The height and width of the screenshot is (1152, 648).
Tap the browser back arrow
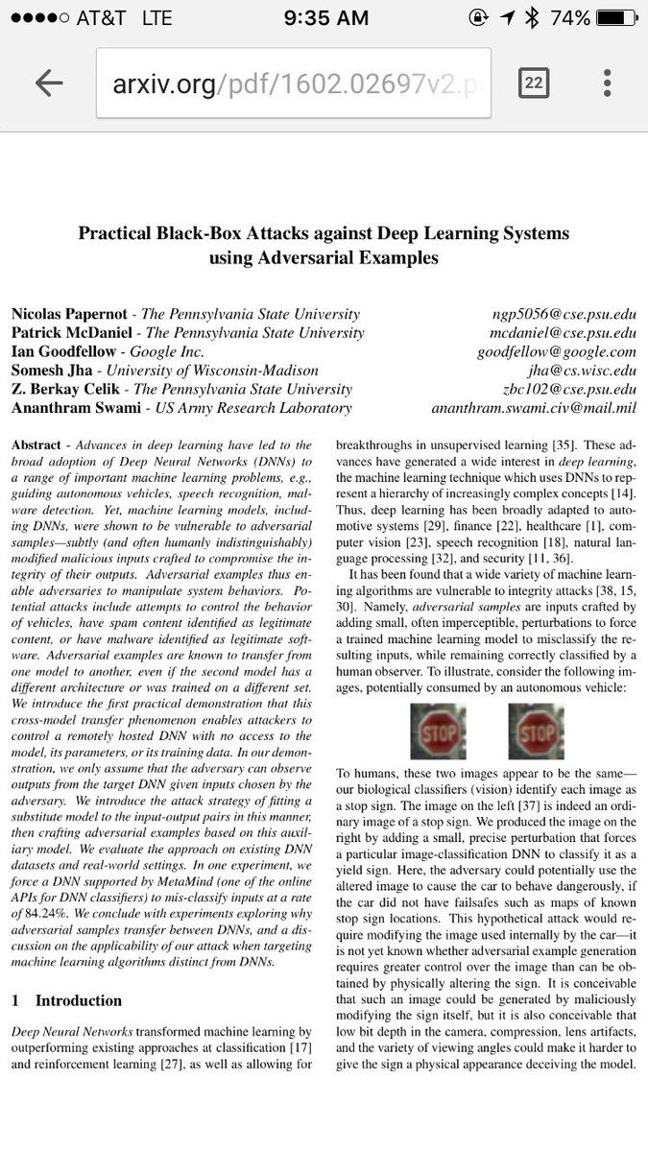click(x=48, y=83)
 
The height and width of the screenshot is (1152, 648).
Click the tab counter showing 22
click(x=534, y=83)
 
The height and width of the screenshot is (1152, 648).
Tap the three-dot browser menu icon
click(x=607, y=83)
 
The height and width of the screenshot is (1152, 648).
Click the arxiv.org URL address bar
click(x=293, y=84)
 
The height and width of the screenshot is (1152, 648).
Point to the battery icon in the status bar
click(x=615, y=17)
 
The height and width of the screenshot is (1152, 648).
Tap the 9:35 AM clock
click(x=325, y=17)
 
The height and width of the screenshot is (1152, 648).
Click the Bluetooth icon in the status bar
click(x=533, y=17)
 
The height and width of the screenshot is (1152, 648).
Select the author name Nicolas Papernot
click(x=68, y=314)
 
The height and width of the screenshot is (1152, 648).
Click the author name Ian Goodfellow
click(x=63, y=351)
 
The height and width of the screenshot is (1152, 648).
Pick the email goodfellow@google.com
click(x=557, y=351)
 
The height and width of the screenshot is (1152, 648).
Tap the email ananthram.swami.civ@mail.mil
click(x=534, y=408)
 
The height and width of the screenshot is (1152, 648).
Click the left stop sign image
click(x=438, y=732)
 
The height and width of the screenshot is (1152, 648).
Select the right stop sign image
click(x=536, y=732)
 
